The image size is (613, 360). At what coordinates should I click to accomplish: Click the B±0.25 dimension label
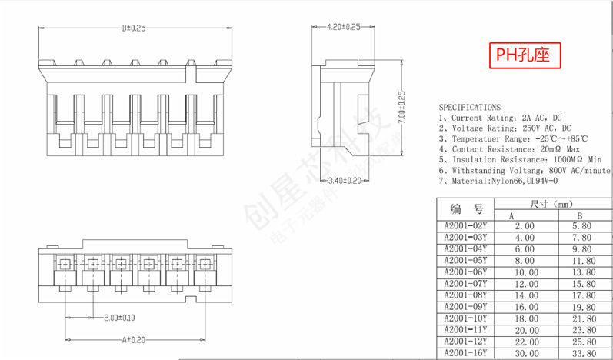134,28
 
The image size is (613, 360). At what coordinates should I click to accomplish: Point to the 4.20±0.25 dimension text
343,27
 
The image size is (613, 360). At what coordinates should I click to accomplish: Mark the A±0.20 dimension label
135,339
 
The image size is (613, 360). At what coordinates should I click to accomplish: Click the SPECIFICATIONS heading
469,107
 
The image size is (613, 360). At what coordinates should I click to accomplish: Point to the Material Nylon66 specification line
498,181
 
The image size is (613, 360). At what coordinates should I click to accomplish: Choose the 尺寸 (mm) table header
551,204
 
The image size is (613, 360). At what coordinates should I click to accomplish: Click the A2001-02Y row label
466,226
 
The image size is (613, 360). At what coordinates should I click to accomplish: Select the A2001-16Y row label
466,353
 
